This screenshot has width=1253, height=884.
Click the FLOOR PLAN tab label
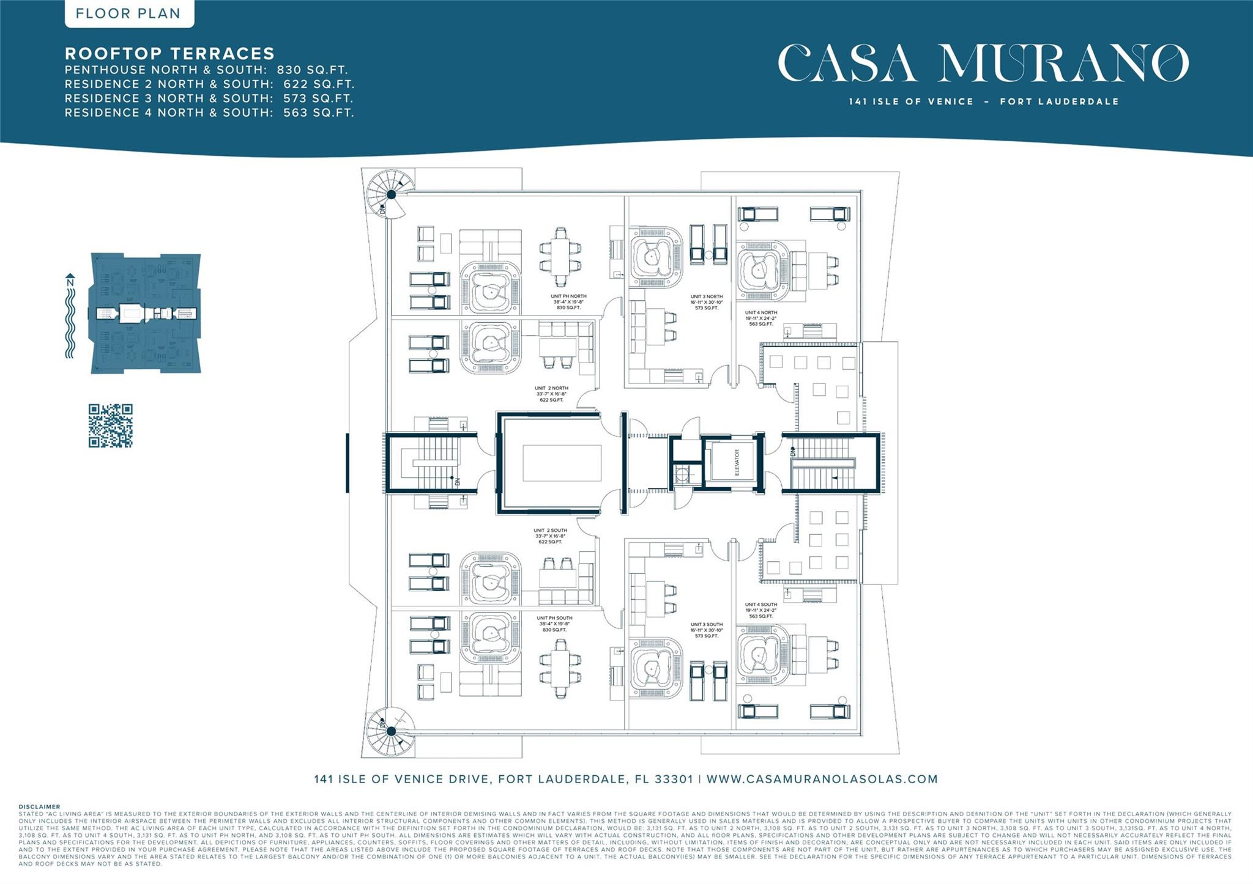coord(128,13)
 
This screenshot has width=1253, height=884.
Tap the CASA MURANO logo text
coord(983,63)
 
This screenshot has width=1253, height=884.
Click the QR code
coord(110,425)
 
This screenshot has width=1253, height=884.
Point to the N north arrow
coord(70,282)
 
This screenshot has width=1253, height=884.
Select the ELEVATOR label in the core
coord(737,462)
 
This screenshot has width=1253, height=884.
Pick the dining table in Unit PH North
coord(560,257)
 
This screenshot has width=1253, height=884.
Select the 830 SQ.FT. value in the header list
coord(312,70)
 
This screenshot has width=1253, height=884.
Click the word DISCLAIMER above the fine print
coord(40,807)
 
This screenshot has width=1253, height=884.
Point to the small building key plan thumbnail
coord(146,313)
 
